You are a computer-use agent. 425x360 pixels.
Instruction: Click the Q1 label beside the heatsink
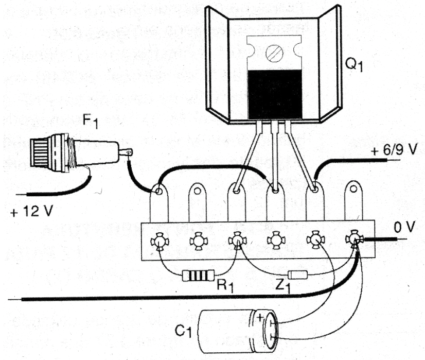coord(354,65)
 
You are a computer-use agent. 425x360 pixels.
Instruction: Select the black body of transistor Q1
coord(275,95)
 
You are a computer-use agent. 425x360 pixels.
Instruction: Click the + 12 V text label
coord(31,211)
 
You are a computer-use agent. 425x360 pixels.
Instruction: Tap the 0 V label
coord(404,227)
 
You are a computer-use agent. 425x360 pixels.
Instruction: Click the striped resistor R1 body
coord(199,276)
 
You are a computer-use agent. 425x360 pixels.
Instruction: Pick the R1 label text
coord(225,286)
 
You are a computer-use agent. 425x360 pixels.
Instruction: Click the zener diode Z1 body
coord(297,275)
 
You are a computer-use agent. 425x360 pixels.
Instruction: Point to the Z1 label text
coord(282,286)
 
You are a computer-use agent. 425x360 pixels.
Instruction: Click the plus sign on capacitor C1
coord(260,317)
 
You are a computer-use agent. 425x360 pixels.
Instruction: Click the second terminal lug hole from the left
coord(198,191)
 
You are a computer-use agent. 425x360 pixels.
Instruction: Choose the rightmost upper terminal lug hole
coord(353,188)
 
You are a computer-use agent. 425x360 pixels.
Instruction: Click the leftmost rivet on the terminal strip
coord(160,241)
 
